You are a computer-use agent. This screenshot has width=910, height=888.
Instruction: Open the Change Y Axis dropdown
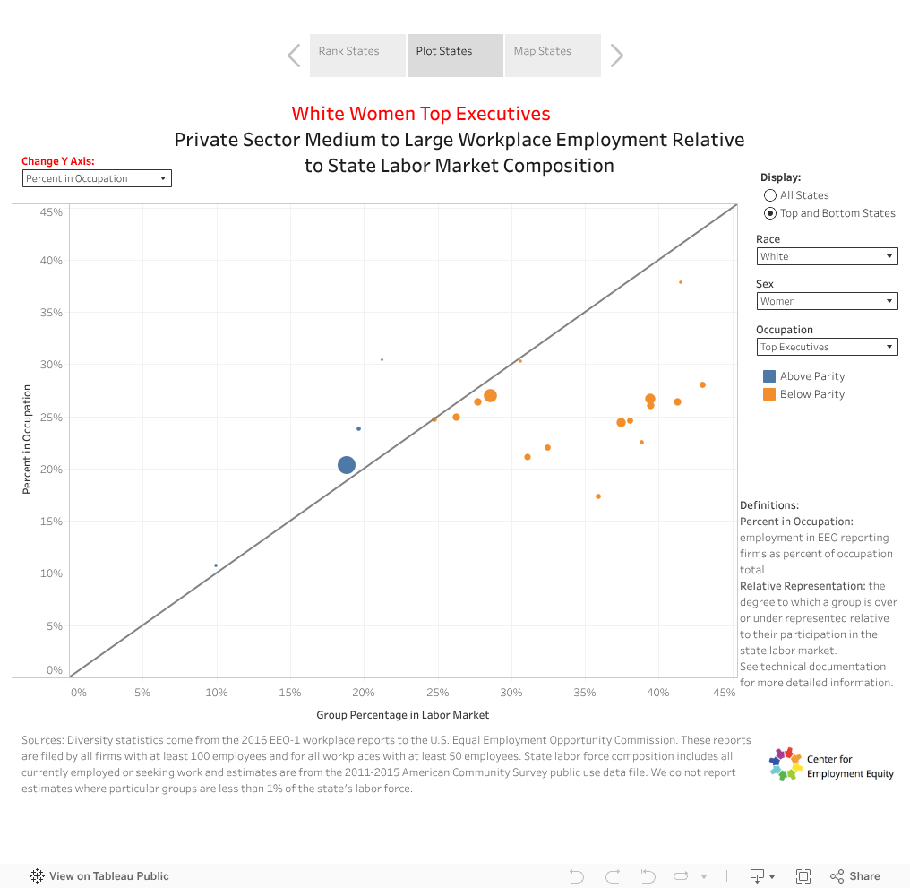tap(97, 178)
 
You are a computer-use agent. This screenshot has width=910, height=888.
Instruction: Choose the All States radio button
tap(770, 195)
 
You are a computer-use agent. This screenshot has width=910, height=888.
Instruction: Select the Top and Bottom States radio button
tap(770, 213)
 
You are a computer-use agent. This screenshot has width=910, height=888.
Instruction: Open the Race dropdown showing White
tap(827, 256)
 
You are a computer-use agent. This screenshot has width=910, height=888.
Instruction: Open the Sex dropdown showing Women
tap(827, 301)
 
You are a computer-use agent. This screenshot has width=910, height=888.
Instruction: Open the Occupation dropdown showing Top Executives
tap(827, 347)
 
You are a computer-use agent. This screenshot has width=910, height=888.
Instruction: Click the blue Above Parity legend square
tap(769, 376)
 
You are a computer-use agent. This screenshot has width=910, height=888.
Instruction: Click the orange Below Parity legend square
tap(769, 394)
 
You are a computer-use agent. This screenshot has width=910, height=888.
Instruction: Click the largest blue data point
tap(347, 465)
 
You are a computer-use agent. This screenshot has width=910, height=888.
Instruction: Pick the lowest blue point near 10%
tap(216, 565)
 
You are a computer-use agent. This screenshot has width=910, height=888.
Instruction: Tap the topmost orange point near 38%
tap(681, 282)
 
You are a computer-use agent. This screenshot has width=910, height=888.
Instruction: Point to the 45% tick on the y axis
tap(51, 212)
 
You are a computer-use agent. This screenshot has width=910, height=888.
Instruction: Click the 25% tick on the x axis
tap(437, 693)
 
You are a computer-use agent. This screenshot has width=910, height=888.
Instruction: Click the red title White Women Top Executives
tap(421, 114)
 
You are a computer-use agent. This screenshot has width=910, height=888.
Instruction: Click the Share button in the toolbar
tap(855, 876)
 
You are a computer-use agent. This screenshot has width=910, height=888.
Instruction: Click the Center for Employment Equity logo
tap(786, 764)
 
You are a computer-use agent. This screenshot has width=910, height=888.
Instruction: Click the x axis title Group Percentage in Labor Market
tap(403, 715)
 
